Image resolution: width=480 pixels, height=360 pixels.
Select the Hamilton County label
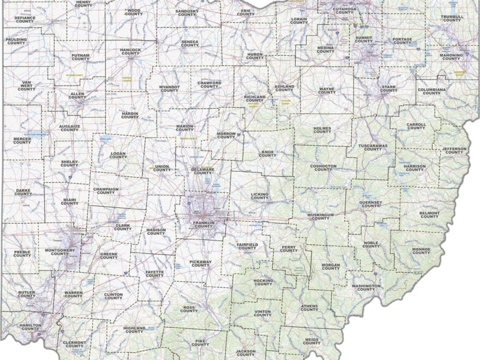[29, 326]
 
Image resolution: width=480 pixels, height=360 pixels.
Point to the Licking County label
[260, 195]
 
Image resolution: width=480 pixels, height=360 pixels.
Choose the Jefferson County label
[454, 151]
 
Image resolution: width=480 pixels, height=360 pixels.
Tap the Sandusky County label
[187, 13]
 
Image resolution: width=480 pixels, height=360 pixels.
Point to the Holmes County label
[322, 130]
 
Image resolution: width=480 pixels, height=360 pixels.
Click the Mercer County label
[22, 140]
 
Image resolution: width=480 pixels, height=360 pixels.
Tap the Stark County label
[389, 88]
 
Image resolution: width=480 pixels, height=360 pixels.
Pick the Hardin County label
[130, 115]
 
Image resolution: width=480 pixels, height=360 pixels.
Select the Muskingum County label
[320, 217]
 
